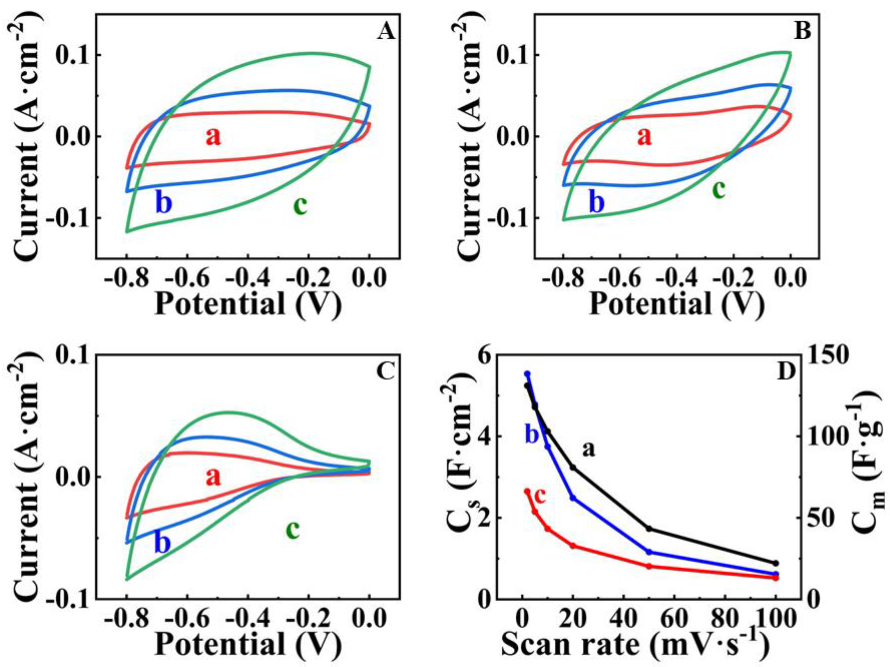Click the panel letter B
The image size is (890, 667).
[802, 32]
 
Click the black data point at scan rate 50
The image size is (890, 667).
[649, 528]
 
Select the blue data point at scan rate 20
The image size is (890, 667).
[573, 498]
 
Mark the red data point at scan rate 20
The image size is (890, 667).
[573, 546]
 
